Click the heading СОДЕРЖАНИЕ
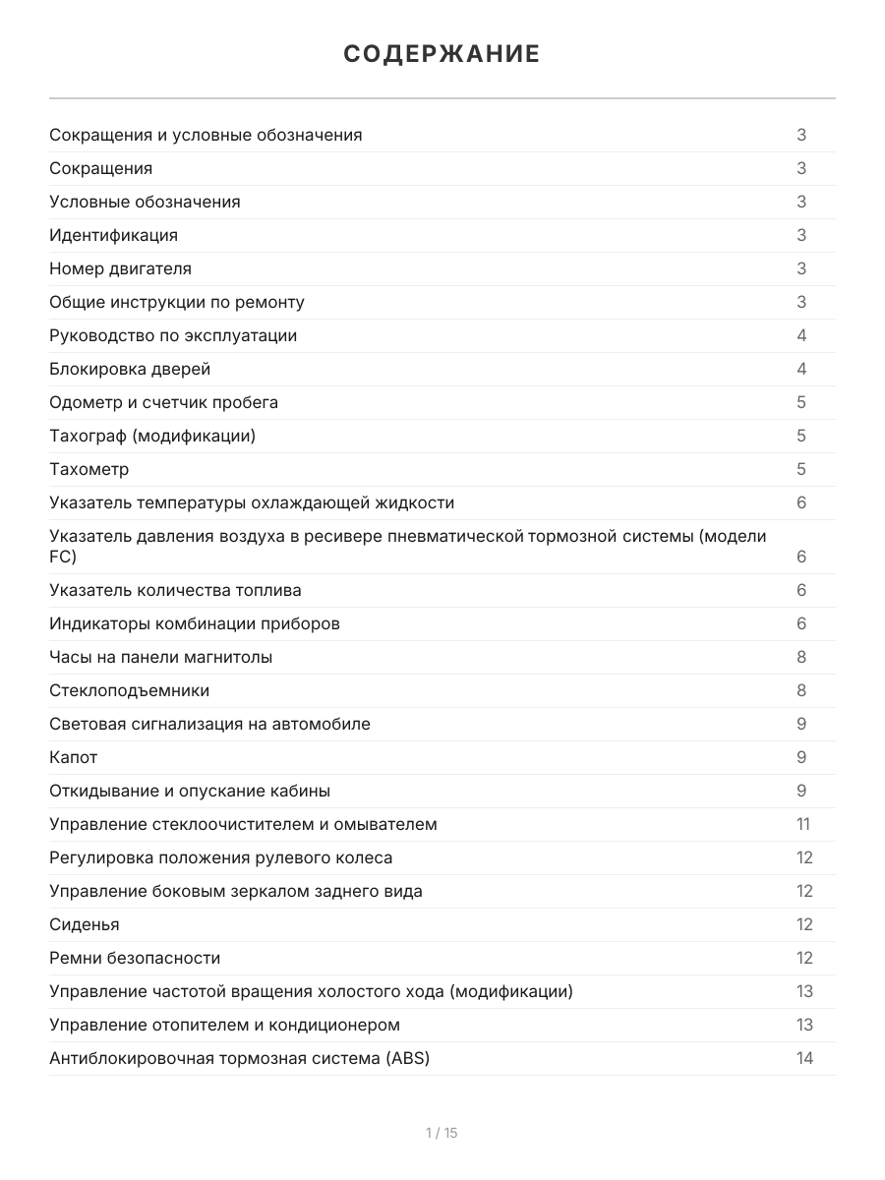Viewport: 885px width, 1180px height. [x=442, y=54]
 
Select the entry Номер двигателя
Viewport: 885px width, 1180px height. [x=120, y=268]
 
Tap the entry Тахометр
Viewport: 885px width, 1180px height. [x=88, y=469]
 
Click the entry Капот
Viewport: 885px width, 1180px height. [x=74, y=757]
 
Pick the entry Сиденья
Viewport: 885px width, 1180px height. [x=85, y=924]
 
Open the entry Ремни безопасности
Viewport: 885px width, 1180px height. [x=135, y=958]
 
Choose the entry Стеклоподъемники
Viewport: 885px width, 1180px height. [x=129, y=690]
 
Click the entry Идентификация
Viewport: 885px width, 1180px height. [x=113, y=235]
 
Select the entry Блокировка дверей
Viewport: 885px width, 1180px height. [x=130, y=369]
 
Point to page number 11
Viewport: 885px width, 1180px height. [x=803, y=824]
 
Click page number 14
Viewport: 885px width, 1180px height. [x=804, y=1058]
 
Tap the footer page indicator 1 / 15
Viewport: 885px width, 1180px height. [x=442, y=1133]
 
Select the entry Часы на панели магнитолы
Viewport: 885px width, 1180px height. [x=161, y=657]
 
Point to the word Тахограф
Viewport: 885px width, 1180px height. [x=88, y=436]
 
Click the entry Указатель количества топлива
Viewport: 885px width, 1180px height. [x=175, y=590]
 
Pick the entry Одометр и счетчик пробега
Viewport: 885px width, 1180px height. [x=163, y=402]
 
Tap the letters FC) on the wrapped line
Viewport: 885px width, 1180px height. [x=63, y=557]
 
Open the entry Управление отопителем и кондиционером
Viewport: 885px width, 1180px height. [x=224, y=1025]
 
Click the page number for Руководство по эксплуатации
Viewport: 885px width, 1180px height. [x=801, y=335]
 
